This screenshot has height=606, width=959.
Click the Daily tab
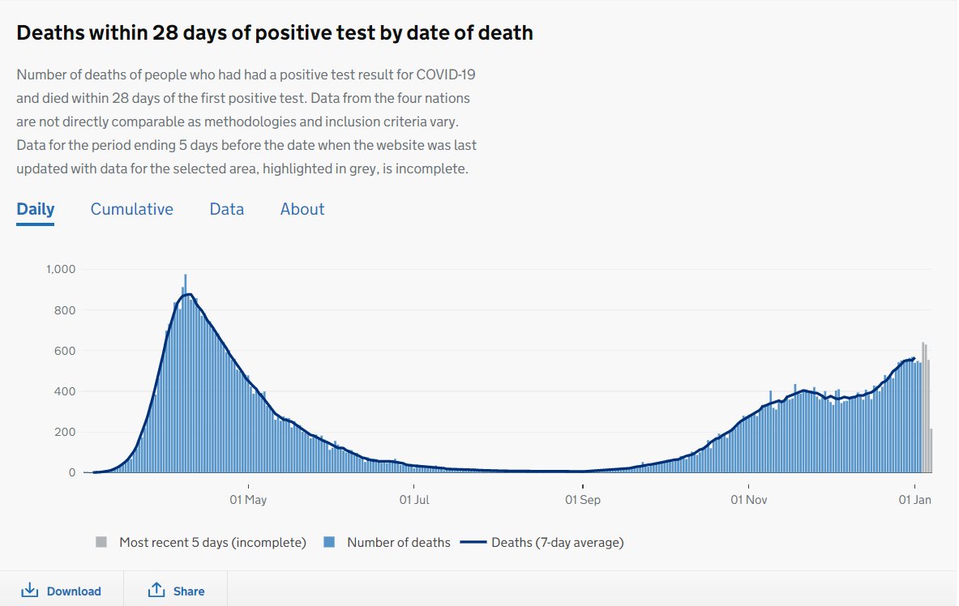pos(36,209)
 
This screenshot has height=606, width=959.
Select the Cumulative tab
pos(131,209)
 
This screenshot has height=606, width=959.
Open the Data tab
pos(226,209)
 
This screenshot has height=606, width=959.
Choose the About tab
pos(302,209)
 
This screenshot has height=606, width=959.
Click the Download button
pos(62,591)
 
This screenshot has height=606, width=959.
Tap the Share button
pos(176,591)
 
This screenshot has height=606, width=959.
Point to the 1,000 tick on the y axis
pos(60,269)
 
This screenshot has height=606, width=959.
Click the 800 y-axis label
pos(65,310)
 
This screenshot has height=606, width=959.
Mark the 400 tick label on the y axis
pos(65,391)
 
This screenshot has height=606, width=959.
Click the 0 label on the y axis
pos(72,472)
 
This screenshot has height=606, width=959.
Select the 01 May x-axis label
pos(248,500)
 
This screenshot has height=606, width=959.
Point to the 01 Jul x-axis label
pos(414,500)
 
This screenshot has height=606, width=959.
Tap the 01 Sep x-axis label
pos(583,500)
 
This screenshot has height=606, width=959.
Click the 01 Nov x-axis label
pos(748,500)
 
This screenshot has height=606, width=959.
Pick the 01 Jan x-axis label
pos(914,500)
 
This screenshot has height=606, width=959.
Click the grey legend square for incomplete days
pos(101,542)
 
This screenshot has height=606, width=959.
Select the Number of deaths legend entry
pos(398,542)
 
